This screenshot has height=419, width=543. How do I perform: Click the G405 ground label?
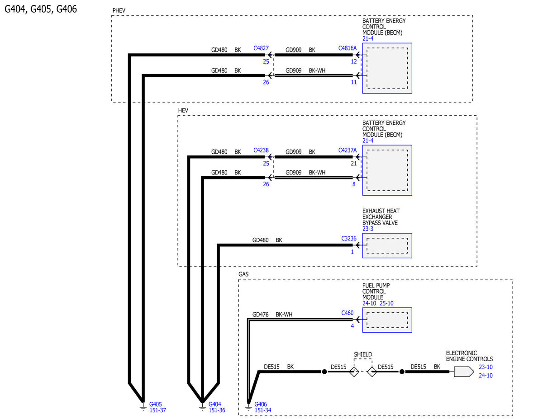coord(156,404)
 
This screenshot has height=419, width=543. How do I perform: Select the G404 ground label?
coord(215,404)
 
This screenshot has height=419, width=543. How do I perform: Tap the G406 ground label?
coord(261,404)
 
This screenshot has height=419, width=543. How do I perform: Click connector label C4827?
coord(261,47)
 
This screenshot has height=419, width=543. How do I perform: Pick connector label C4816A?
coord(348,47)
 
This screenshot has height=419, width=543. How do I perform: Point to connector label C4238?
coord(261,150)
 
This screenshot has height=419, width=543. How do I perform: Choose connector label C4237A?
coord(348,150)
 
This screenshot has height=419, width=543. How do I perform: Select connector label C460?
coord(348,312)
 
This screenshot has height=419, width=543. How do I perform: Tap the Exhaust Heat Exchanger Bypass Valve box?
coord(387,245)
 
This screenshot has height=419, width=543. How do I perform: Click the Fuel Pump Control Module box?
coord(387,320)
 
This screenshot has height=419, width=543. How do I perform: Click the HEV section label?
coord(183,110)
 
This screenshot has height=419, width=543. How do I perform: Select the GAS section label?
coord(243,274)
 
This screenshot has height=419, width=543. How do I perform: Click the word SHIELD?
coord(363,354)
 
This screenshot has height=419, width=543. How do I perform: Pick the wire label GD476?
coord(260,315)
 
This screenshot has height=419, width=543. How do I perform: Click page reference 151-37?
coord(158,410)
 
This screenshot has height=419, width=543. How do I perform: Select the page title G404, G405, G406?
coord(41,9)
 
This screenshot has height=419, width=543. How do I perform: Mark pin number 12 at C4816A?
coord(354,61)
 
